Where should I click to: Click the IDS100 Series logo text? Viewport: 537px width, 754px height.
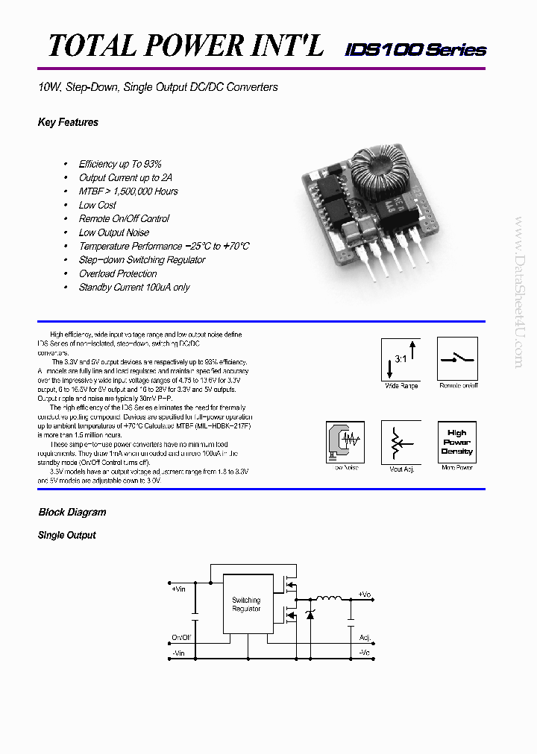pyautogui.click(x=415, y=50)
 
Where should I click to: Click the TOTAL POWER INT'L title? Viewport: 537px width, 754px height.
pyautogui.click(x=186, y=45)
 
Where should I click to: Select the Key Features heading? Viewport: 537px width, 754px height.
pyautogui.click(x=68, y=122)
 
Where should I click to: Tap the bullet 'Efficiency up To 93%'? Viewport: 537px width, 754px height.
pyautogui.click(x=120, y=164)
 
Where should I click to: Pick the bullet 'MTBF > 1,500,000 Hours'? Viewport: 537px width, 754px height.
pyautogui.click(x=128, y=191)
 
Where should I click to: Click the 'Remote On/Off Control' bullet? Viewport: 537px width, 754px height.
pyautogui.click(x=124, y=219)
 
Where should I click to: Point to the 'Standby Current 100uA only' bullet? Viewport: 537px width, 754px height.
pyautogui.click(x=134, y=288)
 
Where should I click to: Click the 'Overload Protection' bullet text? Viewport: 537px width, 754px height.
pyautogui.click(x=118, y=273)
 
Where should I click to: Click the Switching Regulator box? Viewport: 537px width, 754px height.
pyautogui.click(x=246, y=604)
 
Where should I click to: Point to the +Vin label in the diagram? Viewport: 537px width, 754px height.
pyautogui.click(x=178, y=589)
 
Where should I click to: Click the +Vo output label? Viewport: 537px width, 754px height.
pyautogui.click(x=364, y=594)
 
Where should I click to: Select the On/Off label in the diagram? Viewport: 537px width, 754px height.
pyautogui.click(x=181, y=638)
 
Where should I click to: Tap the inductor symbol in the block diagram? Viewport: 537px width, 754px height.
pyautogui.click(x=327, y=598)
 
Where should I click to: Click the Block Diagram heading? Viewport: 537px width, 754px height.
pyautogui.click(x=72, y=513)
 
